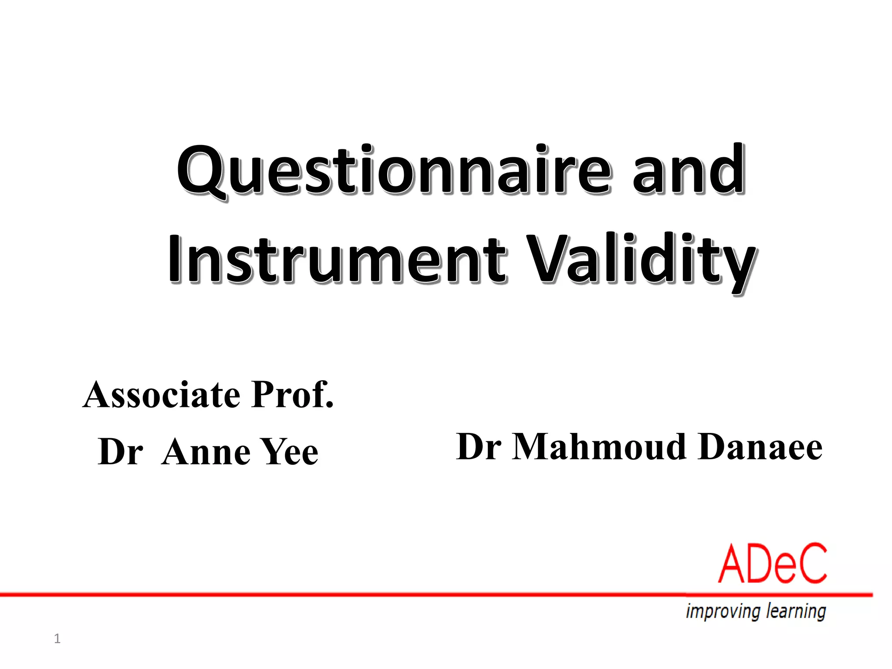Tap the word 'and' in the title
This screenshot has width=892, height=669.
tap(688, 170)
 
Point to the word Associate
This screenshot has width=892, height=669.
tap(162, 395)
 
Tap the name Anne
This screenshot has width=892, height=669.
tap(207, 452)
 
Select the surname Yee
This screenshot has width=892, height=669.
tap(290, 452)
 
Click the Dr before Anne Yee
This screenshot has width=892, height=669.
tap(120, 452)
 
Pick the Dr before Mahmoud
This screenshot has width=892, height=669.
tap(478, 447)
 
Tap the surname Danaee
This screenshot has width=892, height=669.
tap(760, 447)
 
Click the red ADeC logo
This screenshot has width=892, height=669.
tap(772, 564)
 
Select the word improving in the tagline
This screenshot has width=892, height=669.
tap(723, 611)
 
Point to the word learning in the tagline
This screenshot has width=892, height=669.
tap(796, 611)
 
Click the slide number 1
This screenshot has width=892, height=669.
tap(57, 639)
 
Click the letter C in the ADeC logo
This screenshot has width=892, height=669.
tap(811, 564)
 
